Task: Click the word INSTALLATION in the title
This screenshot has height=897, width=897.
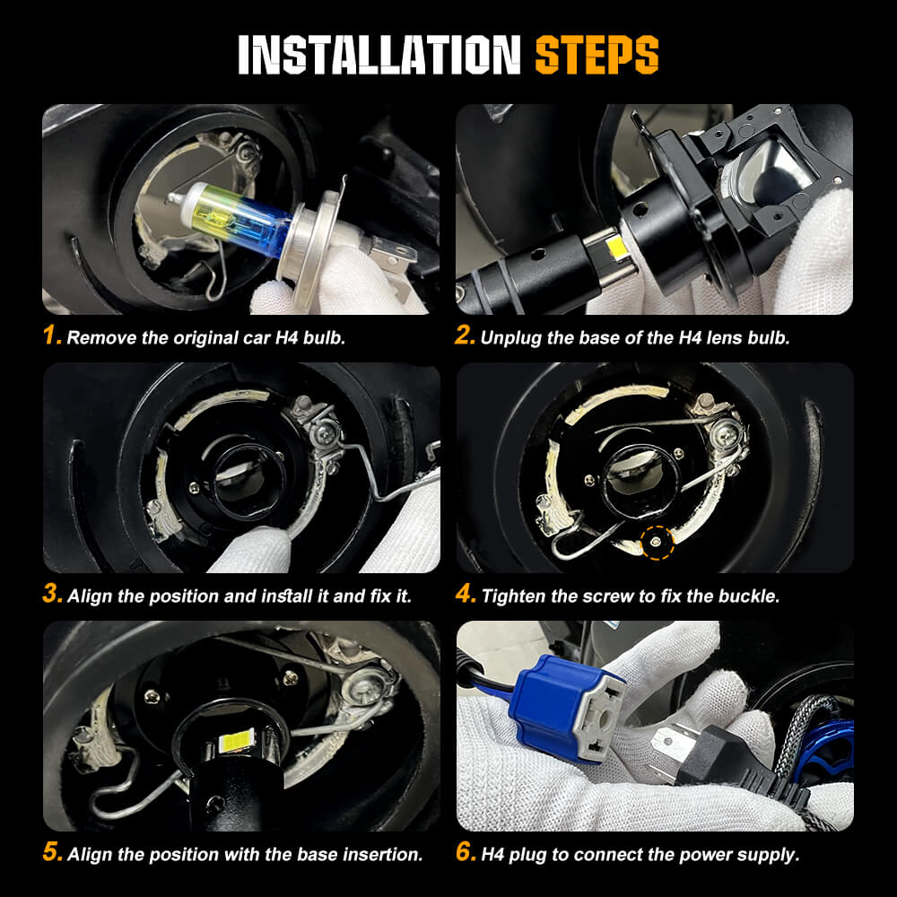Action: click(x=379, y=55)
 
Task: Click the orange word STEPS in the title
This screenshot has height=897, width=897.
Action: click(x=597, y=55)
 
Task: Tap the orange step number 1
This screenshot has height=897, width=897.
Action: click(x=52, y=337)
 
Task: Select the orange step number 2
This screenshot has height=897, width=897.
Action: click(x=465, y=337)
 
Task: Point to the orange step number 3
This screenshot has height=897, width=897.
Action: click(x=52, y=595)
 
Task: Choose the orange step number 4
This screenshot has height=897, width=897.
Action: click(x=466, y=595)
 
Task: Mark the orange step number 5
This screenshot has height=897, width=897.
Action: click(x=52, y=853)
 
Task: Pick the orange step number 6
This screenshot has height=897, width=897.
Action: click(x=466, y=853)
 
